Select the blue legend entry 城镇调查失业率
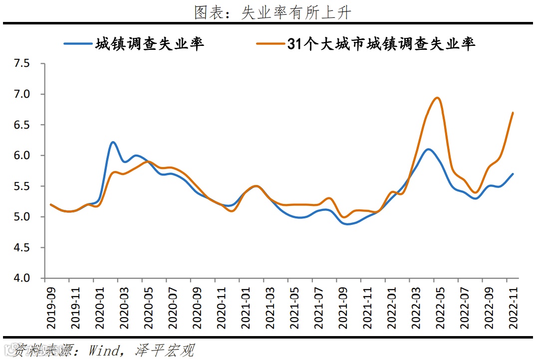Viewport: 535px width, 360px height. (150, 44)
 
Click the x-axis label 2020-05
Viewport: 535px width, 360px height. (149, 307)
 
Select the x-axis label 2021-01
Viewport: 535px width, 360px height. (246, 307)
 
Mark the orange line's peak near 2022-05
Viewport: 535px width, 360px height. (437, 98)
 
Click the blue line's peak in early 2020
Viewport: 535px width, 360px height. (113, 142)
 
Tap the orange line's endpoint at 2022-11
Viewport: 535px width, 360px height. (513, 113)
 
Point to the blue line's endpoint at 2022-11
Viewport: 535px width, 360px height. (513, 174)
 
